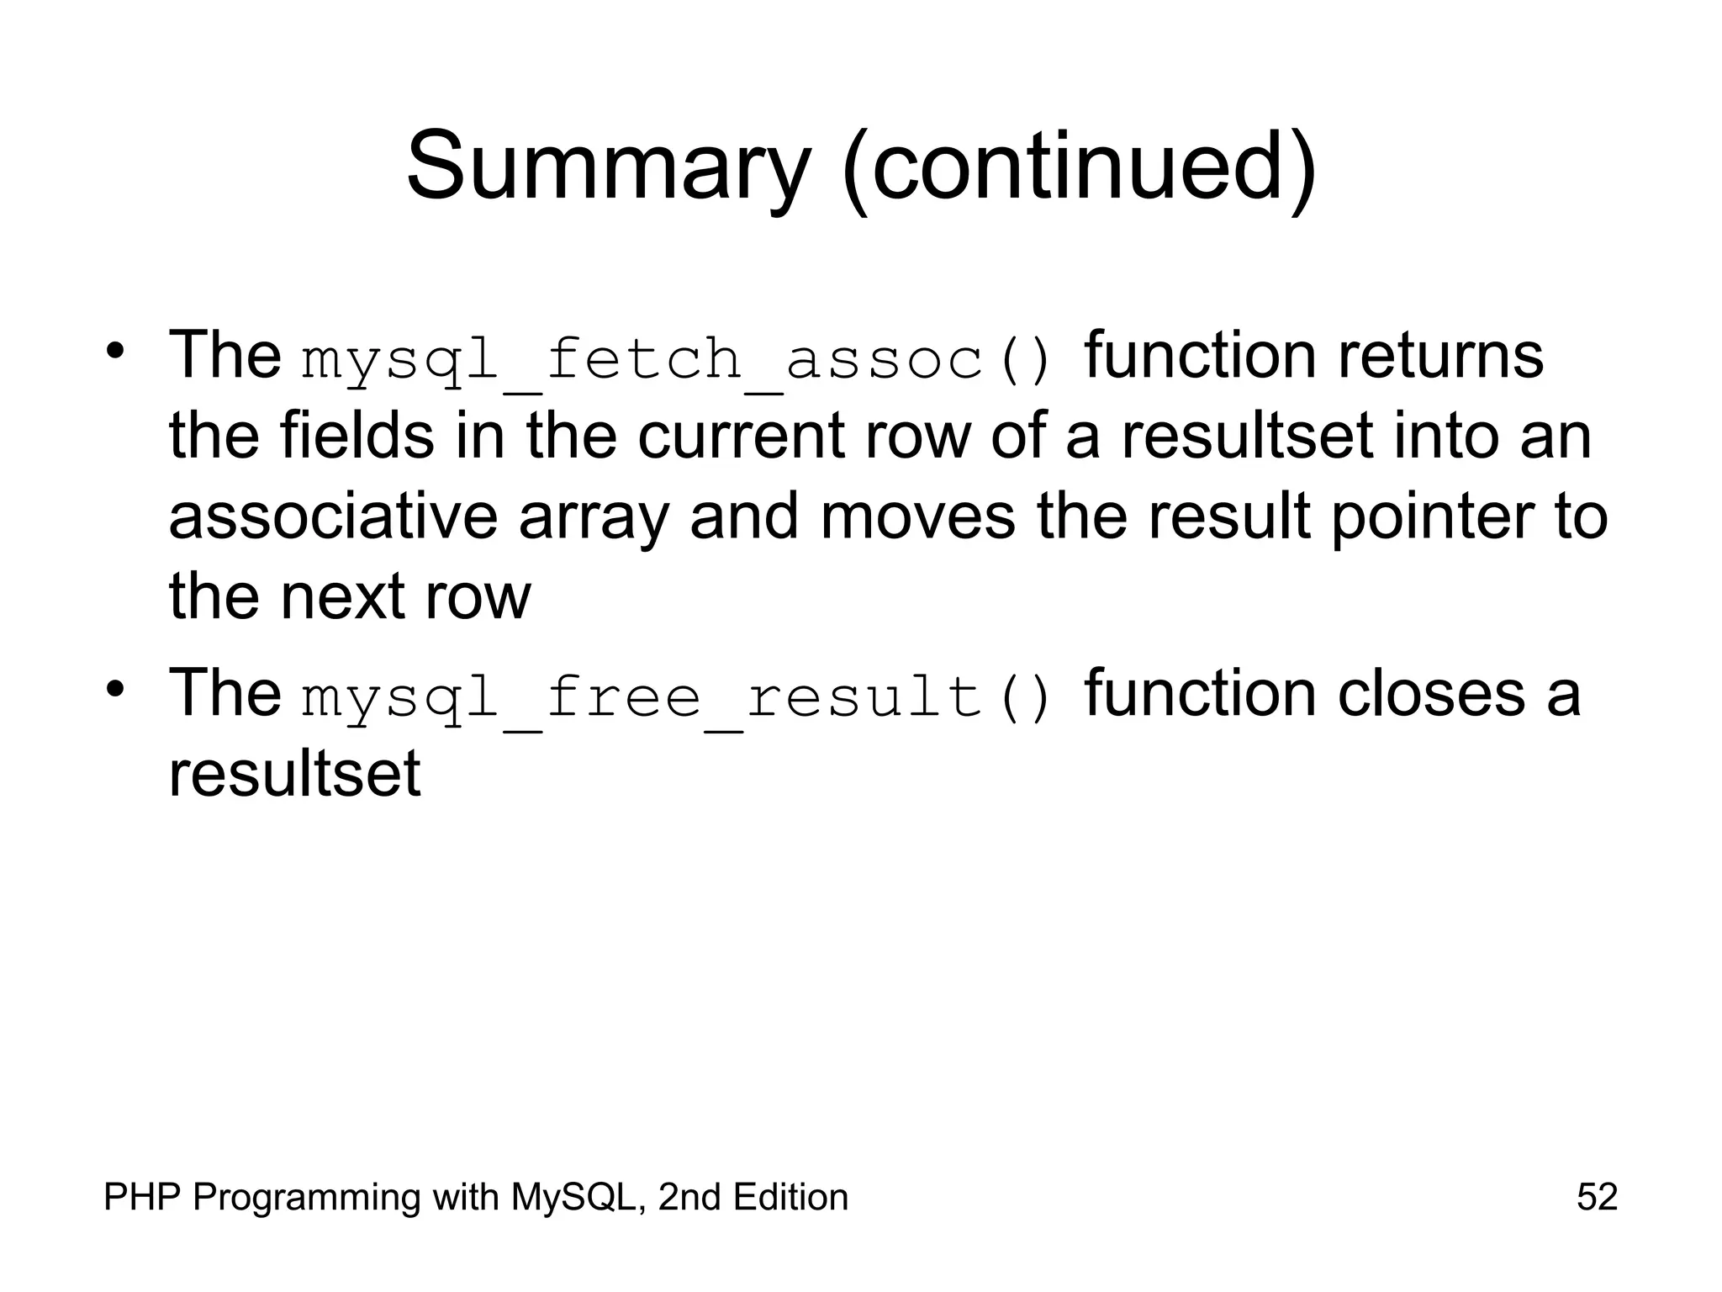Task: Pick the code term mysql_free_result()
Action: [676, 698]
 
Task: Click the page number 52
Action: [1597, 1197]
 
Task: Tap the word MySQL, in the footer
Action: [579, 1197]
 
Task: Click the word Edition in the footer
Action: [790, 1197]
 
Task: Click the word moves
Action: [917, 517]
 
